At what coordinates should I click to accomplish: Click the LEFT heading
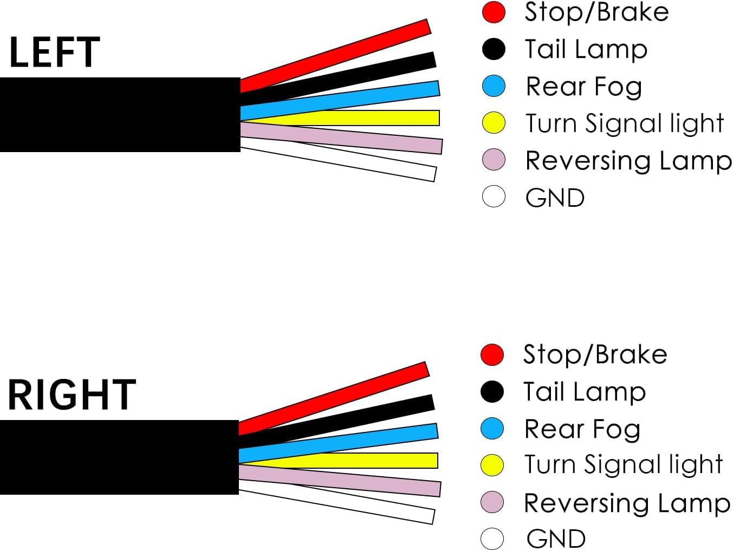[x=54, y=52]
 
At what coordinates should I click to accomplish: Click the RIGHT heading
[x=71, y=395]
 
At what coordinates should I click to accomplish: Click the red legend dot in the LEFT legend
[x=494, y=12]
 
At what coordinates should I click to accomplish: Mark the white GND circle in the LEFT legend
[x=494, y=196]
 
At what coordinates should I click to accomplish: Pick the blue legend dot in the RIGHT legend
[x=492, y=429]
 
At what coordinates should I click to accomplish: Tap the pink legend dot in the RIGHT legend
[x=492, y=502]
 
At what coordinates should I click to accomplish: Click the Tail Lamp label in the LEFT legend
[x=586, y=49]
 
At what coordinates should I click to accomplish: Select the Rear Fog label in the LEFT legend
[x=583, y=87]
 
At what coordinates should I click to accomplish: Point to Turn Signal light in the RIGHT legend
[x=623, y=464]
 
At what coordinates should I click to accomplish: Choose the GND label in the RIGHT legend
[x=556, y=539]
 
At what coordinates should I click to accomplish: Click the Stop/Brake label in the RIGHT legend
[x=595, y=355]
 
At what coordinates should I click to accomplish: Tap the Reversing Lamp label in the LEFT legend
[x=628, y=161]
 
